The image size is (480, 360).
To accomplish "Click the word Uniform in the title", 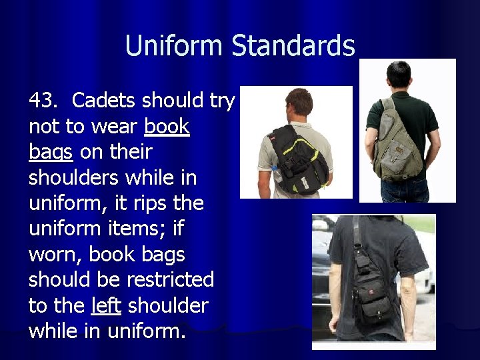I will point(175,46).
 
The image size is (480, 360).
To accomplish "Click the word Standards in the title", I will point(293,46).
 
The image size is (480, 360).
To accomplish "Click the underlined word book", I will point(167,127).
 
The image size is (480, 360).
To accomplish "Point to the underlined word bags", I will point(51,153).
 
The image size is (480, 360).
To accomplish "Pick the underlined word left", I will point(106,306).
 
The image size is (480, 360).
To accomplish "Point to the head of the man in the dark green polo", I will point(399,77).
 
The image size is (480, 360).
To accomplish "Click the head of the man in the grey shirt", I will point(299,103).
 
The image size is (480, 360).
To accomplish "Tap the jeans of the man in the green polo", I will point(404,191).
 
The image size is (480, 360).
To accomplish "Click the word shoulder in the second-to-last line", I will point(168,306).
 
